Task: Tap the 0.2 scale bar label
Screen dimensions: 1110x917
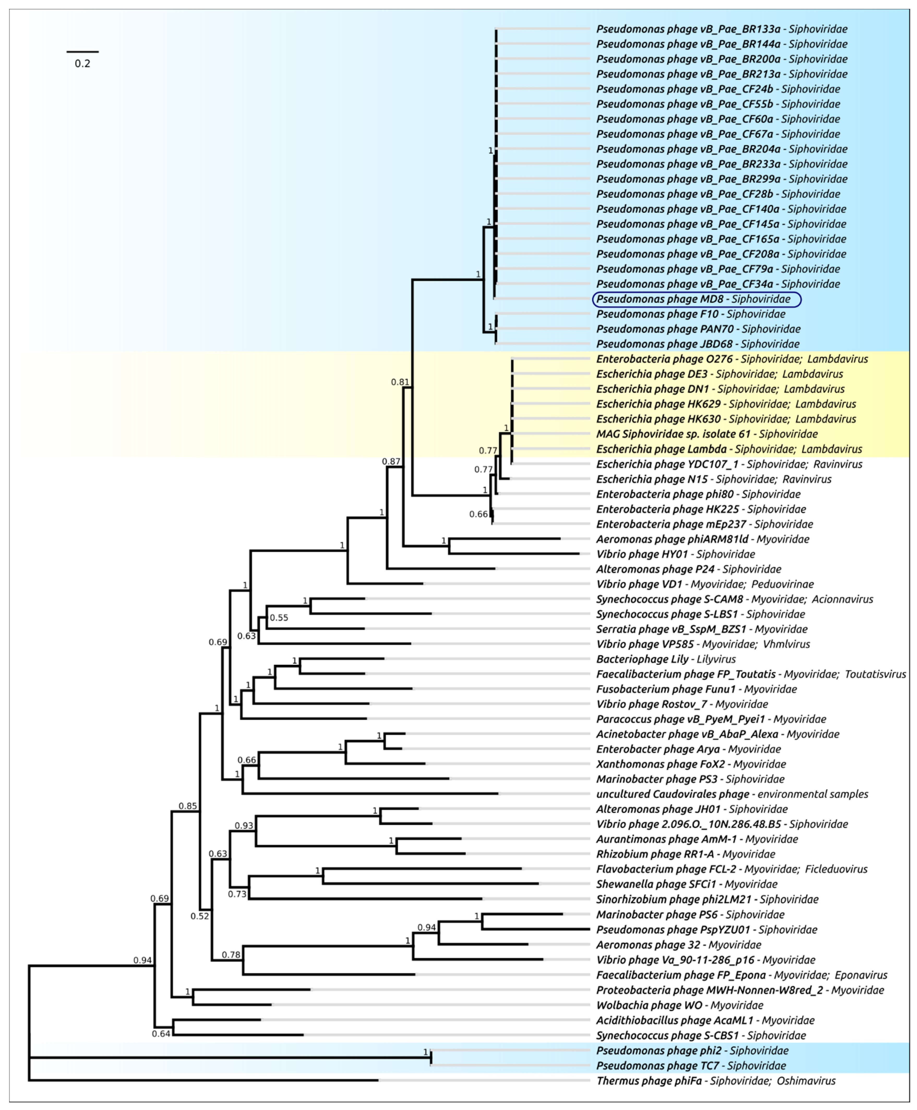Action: pyautogui.click(x=82, y=64)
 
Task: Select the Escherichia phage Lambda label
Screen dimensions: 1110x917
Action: pyautogui.click(x=729, y=449)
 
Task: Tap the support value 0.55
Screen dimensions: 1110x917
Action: pyautogui.click(x=279, y=618)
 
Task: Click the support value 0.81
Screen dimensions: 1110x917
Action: pyautogui.click(x=400, y=382)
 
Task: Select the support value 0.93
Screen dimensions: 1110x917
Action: pyautogui.click(x=244, y=826)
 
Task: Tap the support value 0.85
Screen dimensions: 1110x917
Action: pyautogui.click(x=188, y=806)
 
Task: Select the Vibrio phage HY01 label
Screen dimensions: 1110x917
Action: pyautogui.click(x=676, y=554)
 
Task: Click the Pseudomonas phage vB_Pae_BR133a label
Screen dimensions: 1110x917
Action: pyautogui.click(x=722, y=29)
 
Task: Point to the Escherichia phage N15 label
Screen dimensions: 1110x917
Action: pyautogui.click(x=714, y=479)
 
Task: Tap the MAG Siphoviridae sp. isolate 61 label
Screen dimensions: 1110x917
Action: pyautogui.click(x=707, y=434)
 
